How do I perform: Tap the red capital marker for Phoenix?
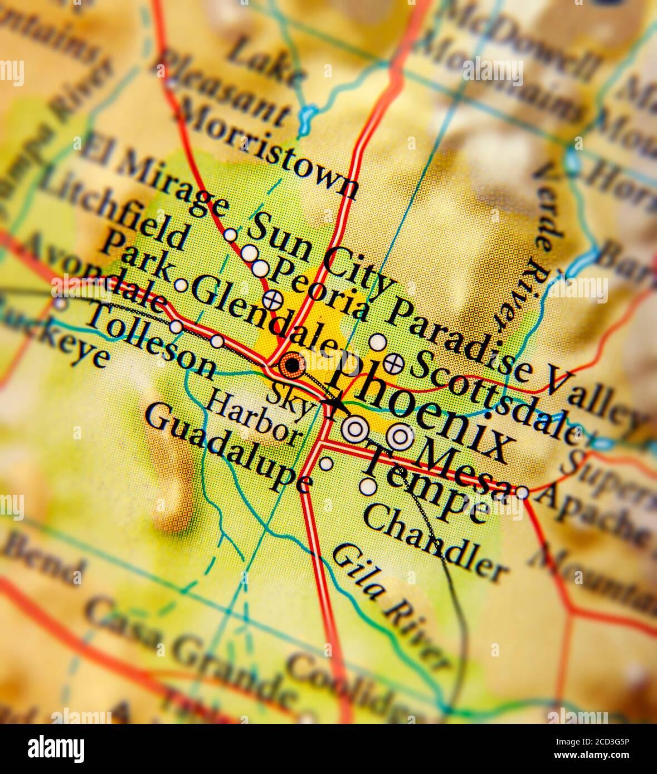(292, 365)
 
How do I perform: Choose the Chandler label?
(435, 543)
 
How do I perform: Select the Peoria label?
(320, 290)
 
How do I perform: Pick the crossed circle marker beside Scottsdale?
(394, 364)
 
